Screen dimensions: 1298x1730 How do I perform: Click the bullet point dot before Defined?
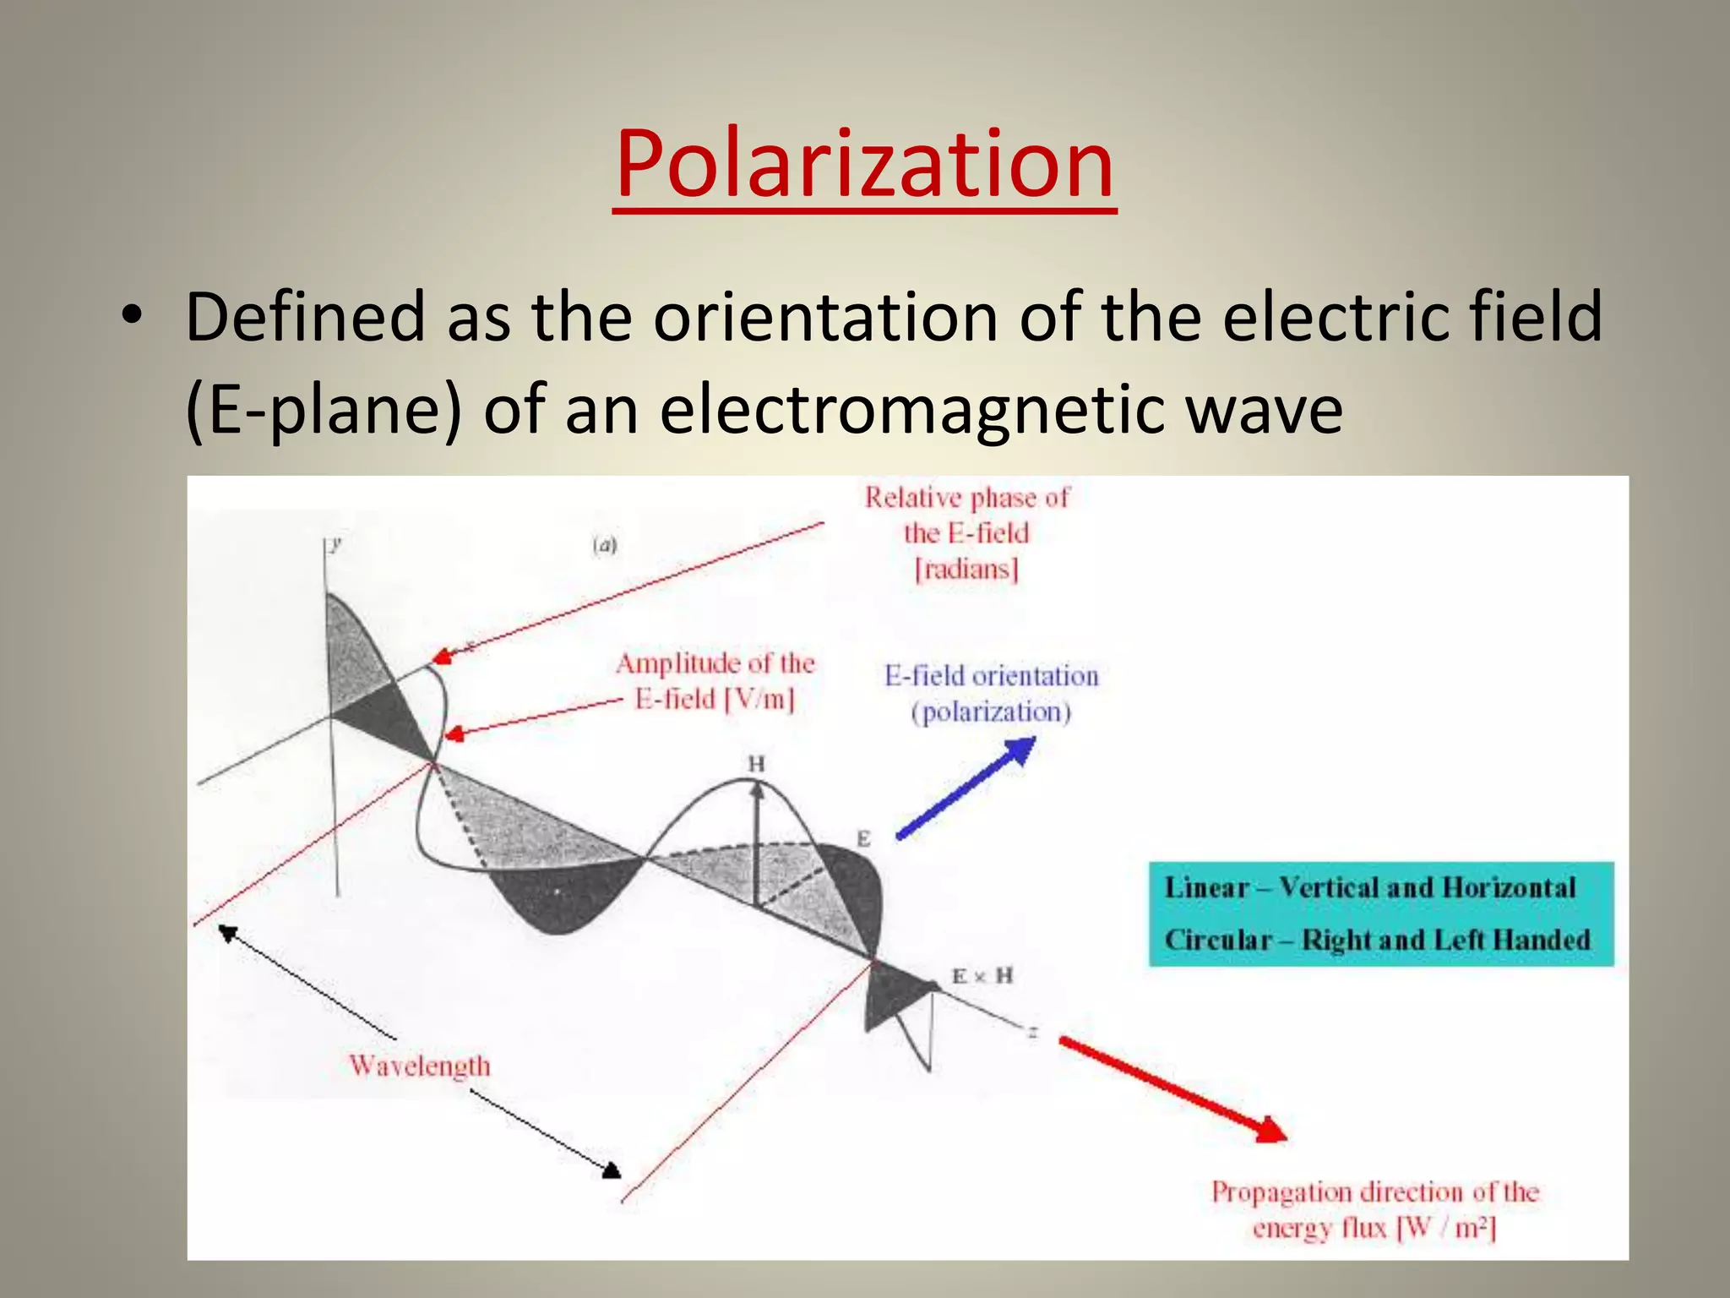pos(131,317)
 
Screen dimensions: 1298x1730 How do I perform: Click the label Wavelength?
pos(420,1066)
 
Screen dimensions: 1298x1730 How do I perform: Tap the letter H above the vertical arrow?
pos(756,764)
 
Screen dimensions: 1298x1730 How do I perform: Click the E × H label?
pos(982,976)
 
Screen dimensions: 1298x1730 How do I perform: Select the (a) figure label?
pos(605,546)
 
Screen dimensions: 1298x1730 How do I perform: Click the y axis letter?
pos(336,543)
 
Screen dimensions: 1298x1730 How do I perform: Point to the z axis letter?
pos(1032,1032)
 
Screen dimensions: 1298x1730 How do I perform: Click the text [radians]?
pos(967,570)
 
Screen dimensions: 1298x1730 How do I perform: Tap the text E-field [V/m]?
pos(715,700)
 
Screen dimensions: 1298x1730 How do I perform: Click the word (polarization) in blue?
pos(991,712)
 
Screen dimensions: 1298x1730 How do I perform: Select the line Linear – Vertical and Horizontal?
pos(1370,887)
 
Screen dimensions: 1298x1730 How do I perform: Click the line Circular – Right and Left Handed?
pos(1377,940)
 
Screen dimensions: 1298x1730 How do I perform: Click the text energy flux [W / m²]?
pos(1374,1228)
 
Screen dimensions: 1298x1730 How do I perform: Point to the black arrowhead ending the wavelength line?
pos(612,1170)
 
